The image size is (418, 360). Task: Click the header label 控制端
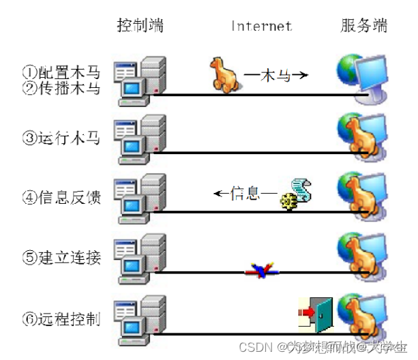click(x=140, y=26)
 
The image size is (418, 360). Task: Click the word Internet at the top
click(x=261, y=26)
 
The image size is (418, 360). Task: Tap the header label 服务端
click(x=363, y=26)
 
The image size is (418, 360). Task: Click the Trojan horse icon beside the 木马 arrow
click(x=224, y=73)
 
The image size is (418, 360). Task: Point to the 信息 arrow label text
click(x=245, y=194)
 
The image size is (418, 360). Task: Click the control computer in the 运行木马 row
click(x=140, y=139)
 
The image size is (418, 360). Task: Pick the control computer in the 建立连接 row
click(x=140, y=258)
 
